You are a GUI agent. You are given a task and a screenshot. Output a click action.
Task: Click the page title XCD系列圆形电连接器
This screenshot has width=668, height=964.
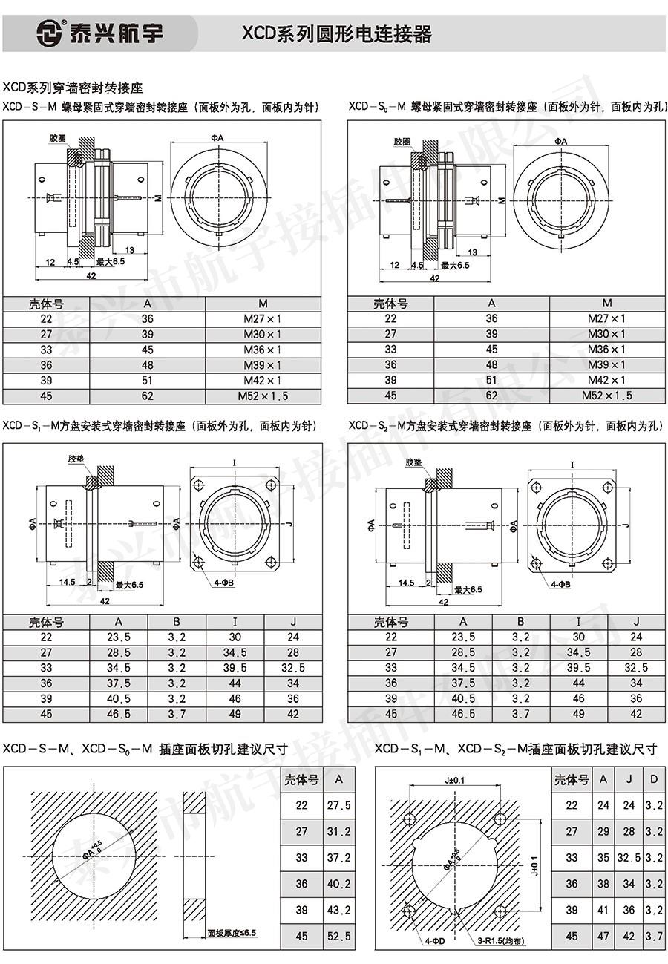pyautogui.click(x=336, y=33)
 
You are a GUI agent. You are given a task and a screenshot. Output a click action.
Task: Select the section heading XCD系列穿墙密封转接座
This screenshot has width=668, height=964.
pyautogui.click(x=72, y=88)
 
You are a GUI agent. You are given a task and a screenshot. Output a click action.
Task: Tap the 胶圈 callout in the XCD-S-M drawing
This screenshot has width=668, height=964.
pyautogui.click(x=57, y=138)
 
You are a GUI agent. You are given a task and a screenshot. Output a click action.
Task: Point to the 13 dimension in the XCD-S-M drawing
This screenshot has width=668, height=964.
pyautogui.click(x=130, y=250)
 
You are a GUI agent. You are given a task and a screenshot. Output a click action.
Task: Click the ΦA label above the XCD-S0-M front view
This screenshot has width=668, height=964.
pyautogui.click(x=560, y=141)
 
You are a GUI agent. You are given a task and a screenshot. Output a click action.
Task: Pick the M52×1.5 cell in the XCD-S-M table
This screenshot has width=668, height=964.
pyautogui.click(x=263, y=396)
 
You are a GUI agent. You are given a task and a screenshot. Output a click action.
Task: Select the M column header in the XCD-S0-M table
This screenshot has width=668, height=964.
pyautogui.click(x=607, y=303)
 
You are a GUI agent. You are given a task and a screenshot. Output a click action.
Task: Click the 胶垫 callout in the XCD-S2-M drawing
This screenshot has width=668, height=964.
pyautogui.click(x=413, y=462)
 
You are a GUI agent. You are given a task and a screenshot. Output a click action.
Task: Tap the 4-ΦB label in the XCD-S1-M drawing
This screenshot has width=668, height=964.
pyautogui.click(x=224, y=583)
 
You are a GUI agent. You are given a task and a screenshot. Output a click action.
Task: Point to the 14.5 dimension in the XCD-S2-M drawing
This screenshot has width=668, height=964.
pyautogui.click(x=406, y=583)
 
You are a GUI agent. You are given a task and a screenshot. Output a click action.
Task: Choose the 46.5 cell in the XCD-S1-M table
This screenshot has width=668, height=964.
pyautogui.click(x=118, y=714)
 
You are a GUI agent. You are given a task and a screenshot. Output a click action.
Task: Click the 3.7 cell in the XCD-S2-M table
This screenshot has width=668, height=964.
pyautogui.click(x=520, y=714)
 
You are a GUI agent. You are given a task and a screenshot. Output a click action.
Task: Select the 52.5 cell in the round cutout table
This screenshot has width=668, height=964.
pyautogui.click(x=338, y=936)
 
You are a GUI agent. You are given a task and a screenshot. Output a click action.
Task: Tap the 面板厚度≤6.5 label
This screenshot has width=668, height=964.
pyautogui.click(x=232, y=933)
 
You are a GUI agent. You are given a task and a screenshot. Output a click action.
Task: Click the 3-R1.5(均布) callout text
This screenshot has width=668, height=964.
pyautogui.click(x=501, y=941)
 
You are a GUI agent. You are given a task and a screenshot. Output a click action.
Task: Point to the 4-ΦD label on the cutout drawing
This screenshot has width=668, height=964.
pyautogui.click(x=435, y=941)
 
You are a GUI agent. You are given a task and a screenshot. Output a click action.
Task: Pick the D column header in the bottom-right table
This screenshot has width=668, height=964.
pyautogui.click(x=654, y=779)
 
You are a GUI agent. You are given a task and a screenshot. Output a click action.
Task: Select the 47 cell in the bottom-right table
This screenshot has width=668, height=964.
pyautogui.click(x=603, y=936)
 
